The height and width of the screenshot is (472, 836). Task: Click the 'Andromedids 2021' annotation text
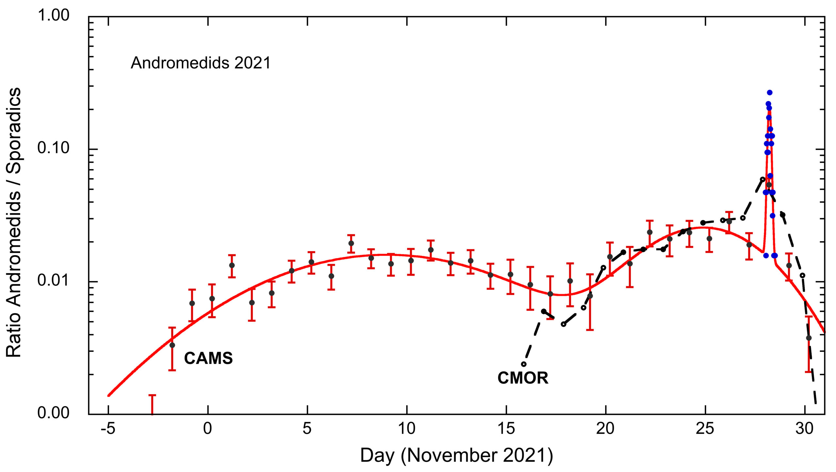coord(201,63)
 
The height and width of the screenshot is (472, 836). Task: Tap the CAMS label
coord(208,358)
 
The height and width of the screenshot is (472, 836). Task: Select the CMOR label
coord(523,378)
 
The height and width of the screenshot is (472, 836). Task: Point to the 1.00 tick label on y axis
coord(53,15)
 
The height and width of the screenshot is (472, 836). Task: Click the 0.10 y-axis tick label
coord(53,148)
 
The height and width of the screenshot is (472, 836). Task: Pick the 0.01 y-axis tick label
coord(53,280)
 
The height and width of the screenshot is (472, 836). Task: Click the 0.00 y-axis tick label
coord(53,413)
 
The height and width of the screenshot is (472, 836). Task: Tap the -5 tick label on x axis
coord(108,429)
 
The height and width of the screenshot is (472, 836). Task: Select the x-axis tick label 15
coord(506,429)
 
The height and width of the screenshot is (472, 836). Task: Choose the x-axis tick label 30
coord(805,429)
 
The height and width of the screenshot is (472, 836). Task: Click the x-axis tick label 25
coord(705,429)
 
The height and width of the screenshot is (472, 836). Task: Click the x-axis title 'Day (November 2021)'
coord(457,455)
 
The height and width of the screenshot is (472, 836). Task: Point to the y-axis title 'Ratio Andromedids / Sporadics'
coord(14,222)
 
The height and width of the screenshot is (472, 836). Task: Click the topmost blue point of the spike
coord(770,93)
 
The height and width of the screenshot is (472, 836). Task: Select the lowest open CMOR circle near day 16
coord(524,364)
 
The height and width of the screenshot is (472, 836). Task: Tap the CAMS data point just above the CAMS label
coord(172,345)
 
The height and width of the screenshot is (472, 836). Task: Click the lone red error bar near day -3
coord(152,404)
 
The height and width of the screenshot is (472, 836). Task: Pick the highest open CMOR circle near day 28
coord(763,179)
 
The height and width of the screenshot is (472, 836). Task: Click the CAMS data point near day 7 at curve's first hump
coord(351,243)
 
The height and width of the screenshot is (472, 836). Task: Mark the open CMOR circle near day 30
coord(802,275)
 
